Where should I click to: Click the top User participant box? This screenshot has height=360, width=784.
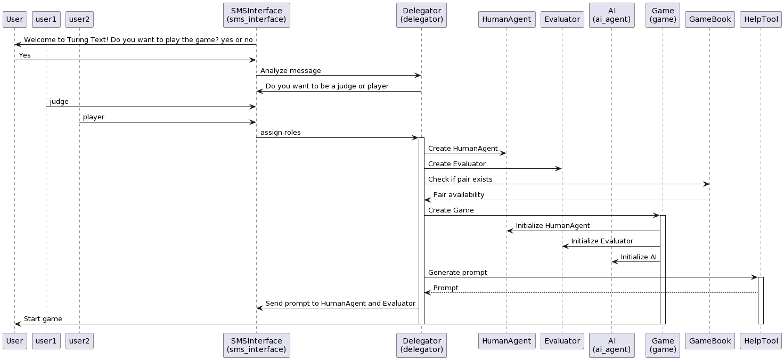pyautogui.click(x=14, y=19)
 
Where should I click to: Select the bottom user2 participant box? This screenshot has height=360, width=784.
pyautogui.click(x=79, y=341)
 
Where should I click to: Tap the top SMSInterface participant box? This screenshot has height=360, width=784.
pyautogui.click(x=256, y=15)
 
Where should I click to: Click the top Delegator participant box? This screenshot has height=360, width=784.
pyautogui.click(x=421, y=15)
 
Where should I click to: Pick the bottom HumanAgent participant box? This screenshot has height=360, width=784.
pyautogui.click(x=507, y=341)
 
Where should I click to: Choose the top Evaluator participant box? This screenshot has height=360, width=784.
pyautogui.click(x=562, y=19)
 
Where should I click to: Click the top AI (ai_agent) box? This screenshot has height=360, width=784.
pyautogui.click(x=611, y=15)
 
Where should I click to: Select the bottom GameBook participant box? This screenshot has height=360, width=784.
pyautogui.click(x=709, y=341)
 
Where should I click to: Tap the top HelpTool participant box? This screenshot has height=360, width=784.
pyautogui.click(x=761, y=19)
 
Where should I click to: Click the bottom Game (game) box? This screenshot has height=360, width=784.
pyautogui.click(x=663, y=345)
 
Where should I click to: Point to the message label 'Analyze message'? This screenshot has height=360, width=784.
pyautogui.click(x=290, y=71)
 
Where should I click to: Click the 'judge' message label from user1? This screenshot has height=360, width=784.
pyautogui.click(x=59, y=102)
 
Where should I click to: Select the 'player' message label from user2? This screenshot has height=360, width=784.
pyautogui.click(x=94, y=117)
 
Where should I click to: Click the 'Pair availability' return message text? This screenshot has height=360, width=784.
pyautogui.click(x=459, y=195)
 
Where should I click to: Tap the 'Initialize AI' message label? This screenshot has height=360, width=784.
pyautogui.click(x=639, y=257)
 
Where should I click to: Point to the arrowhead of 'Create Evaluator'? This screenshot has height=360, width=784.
pyautogui.click(x=559, y=169)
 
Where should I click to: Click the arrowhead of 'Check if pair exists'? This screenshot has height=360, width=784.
pyautogui.click(x=706, y=184)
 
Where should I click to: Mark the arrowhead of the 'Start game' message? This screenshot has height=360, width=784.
pyautogui.click(x=18, y=324)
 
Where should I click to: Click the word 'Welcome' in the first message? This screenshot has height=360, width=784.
pyautogui.click(x=40, y=40)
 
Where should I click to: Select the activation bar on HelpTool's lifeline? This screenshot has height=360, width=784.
pyautogui.click(x=761, y=300)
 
